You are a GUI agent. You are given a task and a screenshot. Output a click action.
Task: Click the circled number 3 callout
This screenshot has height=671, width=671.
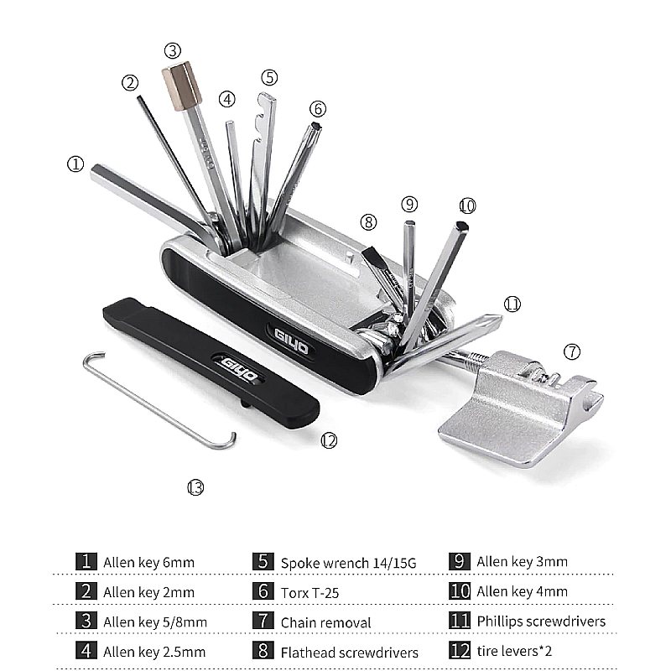click(173, 51)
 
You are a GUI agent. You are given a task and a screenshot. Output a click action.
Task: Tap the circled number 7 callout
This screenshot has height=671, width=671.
click(572, 351)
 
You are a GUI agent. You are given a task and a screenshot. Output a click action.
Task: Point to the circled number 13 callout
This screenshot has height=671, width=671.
click(195, 487)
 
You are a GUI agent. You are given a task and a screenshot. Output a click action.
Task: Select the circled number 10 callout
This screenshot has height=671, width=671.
click(467, 206)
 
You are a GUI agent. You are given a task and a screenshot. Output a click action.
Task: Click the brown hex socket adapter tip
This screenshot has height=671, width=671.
click(182, 86)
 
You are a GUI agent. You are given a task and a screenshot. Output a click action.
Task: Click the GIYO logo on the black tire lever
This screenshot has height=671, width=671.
click(239, 369)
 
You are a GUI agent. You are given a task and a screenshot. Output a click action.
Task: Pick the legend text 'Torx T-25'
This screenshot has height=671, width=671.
click(309, 593)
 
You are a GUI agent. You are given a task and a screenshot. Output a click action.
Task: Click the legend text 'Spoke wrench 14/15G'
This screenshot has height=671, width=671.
click(348, 563)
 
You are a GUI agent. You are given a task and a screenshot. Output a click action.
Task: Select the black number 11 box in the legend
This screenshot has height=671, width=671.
click(460, 621)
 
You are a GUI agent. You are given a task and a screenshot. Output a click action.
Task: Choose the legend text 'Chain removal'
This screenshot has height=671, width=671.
click(325, 622)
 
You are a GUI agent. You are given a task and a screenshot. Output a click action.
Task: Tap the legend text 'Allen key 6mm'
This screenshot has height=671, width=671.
click(148, 562)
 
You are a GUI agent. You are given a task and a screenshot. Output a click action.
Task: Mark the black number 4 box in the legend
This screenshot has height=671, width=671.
click(86, 651)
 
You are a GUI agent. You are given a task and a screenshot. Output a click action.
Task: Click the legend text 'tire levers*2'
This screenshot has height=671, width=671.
click(514, 651)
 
